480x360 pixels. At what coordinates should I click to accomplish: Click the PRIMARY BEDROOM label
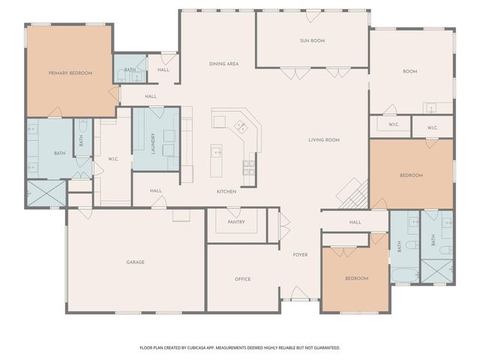pyautogui.click(x=70, y=73)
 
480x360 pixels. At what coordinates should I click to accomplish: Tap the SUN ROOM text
pyautogui.click(x=312, y=40)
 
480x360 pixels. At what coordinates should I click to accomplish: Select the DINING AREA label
pyautogui.click(x=223, y=64)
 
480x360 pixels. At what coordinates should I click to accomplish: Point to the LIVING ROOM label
pyautogui.click(x=324, y=139)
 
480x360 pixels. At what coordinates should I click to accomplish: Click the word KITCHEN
pyautogui.click(x=226, y=191)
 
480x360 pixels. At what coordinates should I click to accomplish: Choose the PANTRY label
pyautogui.click(x=236, y=222)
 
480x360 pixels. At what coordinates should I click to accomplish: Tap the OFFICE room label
pyautogui.click(x=242, y=279)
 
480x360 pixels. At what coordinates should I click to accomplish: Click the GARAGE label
pyautogui.click(x=135, y=262)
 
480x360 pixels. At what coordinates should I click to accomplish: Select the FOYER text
pyautogui.click(x=300, y=255)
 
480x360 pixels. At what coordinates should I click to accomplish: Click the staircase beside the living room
pyautogui.click(x=352, y=195)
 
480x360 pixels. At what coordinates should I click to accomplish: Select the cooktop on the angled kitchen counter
pyautogui.click(x=241, y=126)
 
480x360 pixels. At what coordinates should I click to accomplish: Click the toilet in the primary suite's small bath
pyautogui.click(x=82, y=127)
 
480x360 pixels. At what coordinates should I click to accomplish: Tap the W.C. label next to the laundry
pyautogui.click(x=113, y=158)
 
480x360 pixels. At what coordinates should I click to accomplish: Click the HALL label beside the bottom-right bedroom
pyautogui.click(x=355, y=222)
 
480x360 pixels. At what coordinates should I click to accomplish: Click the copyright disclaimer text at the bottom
pyautogui.click(x=240, y=347)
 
